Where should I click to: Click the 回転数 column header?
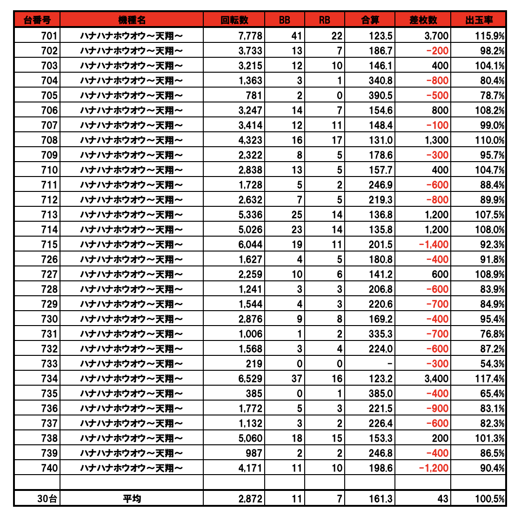coord(234,20)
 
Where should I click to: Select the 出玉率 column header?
coord(479,20)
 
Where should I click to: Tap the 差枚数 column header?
coord(423,20)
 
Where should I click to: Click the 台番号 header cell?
coord(37,20)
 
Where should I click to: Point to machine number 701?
coord(49,36)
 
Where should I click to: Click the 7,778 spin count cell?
coord(250,36)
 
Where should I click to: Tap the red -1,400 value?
coord(434,245)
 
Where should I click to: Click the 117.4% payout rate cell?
coord(490,379)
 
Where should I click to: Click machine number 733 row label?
coord(49,364)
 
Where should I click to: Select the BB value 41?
coord(297,36)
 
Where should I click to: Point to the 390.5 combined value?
coord(381,95)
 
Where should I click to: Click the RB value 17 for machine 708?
coord(337,140)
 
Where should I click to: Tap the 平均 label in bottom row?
coord(132,499)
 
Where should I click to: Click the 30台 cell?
coord(47,499)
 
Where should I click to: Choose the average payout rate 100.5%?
coord(490,499)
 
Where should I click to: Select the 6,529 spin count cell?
coord(250,379)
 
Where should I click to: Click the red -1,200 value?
coord(434,468)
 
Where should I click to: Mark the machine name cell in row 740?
coord(132,468)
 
